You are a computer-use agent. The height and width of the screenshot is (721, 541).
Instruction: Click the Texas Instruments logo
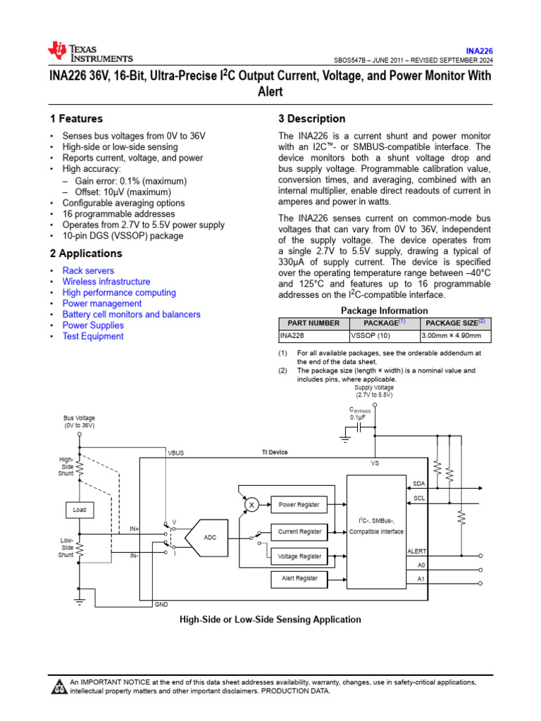(89, 51)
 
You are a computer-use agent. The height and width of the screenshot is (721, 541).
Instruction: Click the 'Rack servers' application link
(88, 270)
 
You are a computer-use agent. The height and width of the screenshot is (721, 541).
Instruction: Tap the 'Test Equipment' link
(93, 337)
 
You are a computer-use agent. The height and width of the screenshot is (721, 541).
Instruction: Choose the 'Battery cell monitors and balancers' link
(131, 315)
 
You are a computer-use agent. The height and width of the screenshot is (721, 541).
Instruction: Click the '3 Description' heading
(312, 119)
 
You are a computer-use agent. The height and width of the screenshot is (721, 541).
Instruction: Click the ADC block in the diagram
(210, 537)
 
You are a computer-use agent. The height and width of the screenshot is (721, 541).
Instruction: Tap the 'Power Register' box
(299, 505)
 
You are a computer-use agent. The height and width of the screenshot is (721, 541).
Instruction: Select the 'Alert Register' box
(299, 578)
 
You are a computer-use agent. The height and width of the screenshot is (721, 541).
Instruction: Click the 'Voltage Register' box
(299, 556)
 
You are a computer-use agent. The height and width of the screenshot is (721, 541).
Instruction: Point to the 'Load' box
(80, 508)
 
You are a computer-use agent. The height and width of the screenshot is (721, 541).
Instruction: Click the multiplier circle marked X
(250, 504)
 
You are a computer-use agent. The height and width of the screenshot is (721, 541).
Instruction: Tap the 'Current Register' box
(299, 532)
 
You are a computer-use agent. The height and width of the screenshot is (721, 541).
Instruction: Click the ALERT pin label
(417, 551)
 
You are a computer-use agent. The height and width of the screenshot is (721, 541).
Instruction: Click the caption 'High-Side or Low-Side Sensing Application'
(270, 620)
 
